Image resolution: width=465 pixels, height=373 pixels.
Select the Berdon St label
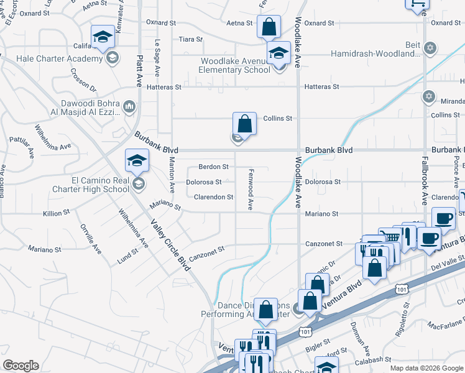tap(213, 167)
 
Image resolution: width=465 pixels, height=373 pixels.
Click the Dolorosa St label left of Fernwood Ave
tap(203, 182)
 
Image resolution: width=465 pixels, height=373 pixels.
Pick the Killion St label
tap(57, 213)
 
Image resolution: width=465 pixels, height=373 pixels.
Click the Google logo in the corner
tap(21, 365)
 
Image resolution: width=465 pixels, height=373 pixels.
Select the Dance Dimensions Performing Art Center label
tap(245, 310)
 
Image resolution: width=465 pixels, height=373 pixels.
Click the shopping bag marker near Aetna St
tap(269, 27)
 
